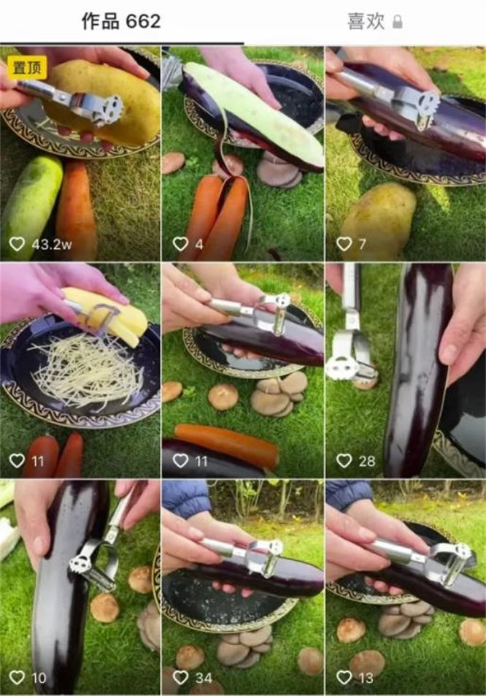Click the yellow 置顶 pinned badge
[x=27, y=67]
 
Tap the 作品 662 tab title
[x=120, y=21]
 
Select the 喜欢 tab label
[x=366, y=21]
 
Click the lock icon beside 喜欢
[x=397, y=22]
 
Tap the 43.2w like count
[x=51, y=244]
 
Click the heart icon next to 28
[x=344, y=461]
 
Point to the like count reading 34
[x=204, y=678]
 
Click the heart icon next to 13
[x=344, y=677]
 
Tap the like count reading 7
[x=362, y=244]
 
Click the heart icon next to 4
[x=180, y=244]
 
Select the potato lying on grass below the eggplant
[x=378, y=214]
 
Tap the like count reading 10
[x=39, y=678]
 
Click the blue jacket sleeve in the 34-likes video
[x=186, y=497]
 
